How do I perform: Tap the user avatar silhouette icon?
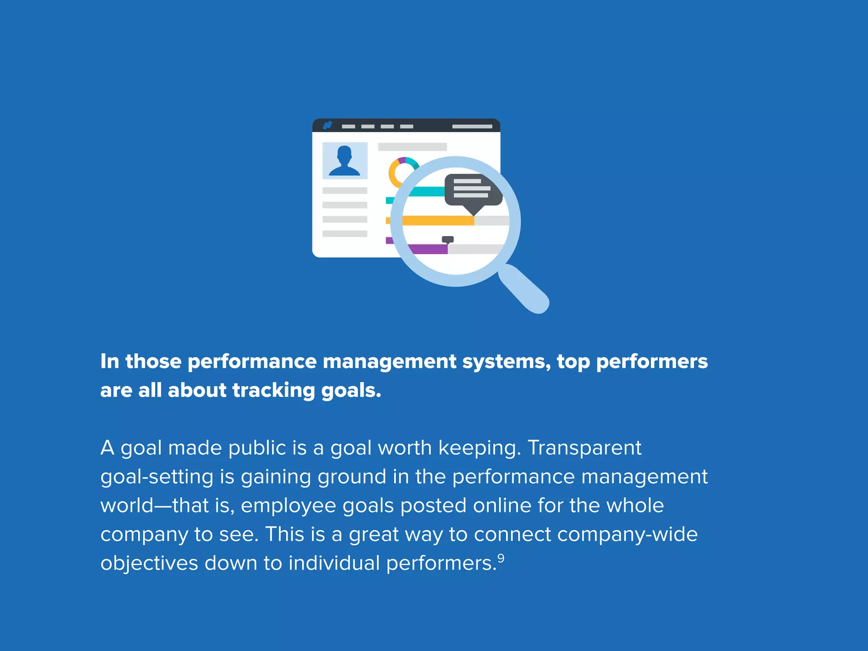345,161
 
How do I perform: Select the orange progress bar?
437,220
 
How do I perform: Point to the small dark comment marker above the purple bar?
448,240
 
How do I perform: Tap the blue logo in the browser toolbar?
328,125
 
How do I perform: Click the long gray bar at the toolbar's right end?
472,126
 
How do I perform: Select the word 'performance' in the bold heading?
252,362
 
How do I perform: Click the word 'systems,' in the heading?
506,362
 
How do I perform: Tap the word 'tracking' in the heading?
273,390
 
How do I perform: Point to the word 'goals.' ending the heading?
351,390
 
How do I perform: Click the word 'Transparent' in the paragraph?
584,448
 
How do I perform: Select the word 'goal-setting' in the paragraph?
157,477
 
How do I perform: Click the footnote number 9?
501,558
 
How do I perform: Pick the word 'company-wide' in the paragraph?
628,534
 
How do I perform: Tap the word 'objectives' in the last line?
149,563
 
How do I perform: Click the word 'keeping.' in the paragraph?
479,448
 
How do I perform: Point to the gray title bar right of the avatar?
412,147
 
